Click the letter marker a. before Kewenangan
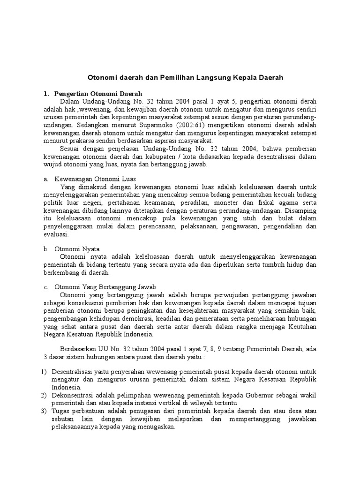(x=45, y=179)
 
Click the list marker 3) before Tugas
(x=45, y=411)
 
